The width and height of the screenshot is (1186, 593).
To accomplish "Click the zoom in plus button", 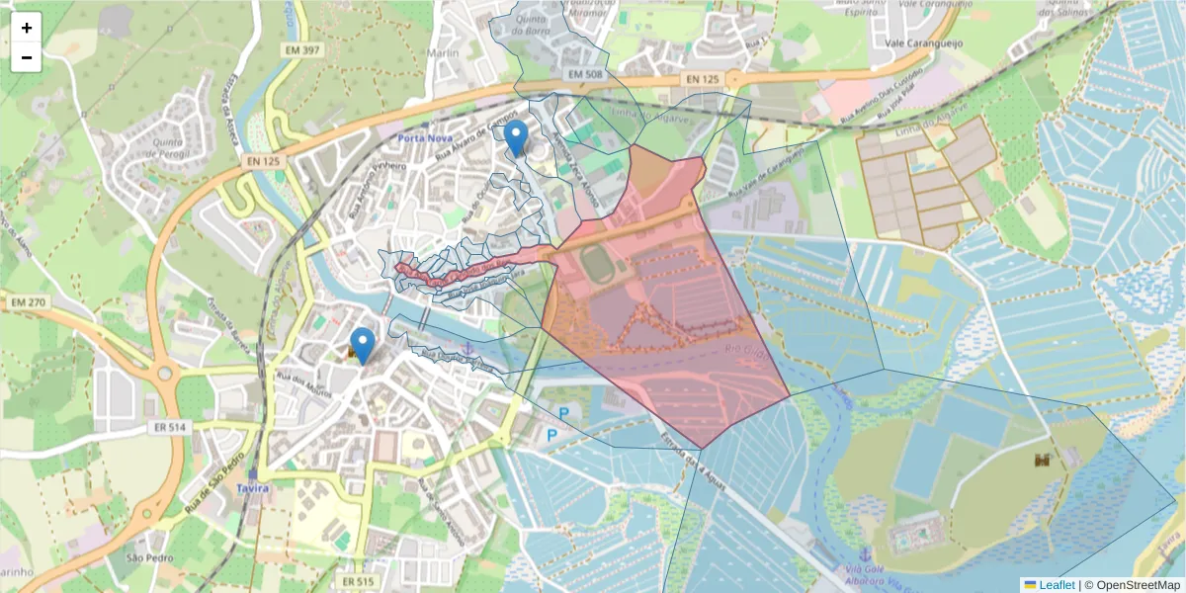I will tap(27, 28).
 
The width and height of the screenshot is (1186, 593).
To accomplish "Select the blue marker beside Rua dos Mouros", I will tap(363, 345).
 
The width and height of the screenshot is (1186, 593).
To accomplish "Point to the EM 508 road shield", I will tap(586, 75).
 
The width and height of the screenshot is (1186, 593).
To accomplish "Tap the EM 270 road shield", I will tap(31, 301).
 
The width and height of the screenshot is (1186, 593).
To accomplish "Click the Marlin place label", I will tap(443, 53).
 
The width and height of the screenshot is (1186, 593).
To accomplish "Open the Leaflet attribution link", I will tap(1056, 585).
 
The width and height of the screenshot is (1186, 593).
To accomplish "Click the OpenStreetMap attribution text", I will tap(1139, 585).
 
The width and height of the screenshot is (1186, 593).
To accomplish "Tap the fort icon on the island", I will tap(1042, 460).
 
